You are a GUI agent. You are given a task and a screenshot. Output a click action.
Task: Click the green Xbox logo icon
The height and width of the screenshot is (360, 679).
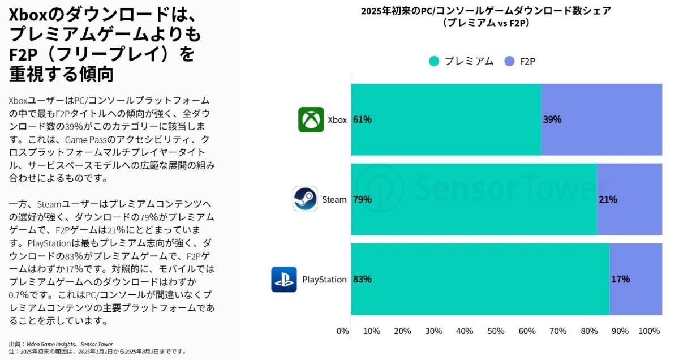[311, 119]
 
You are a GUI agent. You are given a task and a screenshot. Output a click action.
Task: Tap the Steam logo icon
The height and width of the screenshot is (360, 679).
[305, 199]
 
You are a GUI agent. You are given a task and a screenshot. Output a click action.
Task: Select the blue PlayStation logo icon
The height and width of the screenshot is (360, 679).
[284, 279]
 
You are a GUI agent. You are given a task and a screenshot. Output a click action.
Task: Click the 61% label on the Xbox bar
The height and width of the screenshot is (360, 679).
[362, 119]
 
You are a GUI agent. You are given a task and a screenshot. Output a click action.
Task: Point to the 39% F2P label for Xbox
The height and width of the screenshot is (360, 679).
[552, 119]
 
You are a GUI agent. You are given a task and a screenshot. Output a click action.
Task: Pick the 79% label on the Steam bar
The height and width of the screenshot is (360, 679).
[362, 199]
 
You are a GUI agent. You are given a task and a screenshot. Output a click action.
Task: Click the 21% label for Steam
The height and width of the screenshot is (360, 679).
[608, 199]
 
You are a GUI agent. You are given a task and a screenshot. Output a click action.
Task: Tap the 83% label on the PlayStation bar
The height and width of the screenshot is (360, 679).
[362, 279]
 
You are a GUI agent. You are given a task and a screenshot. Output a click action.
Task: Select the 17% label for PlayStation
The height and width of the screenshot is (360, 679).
[620, 279]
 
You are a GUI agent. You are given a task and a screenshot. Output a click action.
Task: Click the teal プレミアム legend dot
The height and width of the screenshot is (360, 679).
[434, 61]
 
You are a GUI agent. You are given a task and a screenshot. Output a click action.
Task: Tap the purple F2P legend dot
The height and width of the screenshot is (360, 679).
[509, 61]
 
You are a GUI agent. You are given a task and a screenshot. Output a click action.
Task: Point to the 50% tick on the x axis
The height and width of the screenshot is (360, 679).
[496, 331]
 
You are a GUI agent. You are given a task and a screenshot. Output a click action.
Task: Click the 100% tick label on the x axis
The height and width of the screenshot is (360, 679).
[649, 331]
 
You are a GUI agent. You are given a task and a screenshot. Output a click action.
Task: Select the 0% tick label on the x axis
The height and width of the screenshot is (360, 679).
[342, 331]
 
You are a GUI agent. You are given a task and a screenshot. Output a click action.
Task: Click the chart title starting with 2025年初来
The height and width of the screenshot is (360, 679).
[486, 11]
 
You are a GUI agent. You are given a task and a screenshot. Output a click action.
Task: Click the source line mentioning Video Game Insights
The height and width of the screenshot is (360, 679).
[61, 344]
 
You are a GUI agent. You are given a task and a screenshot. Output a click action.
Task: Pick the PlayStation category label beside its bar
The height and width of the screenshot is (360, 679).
[324, 279]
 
